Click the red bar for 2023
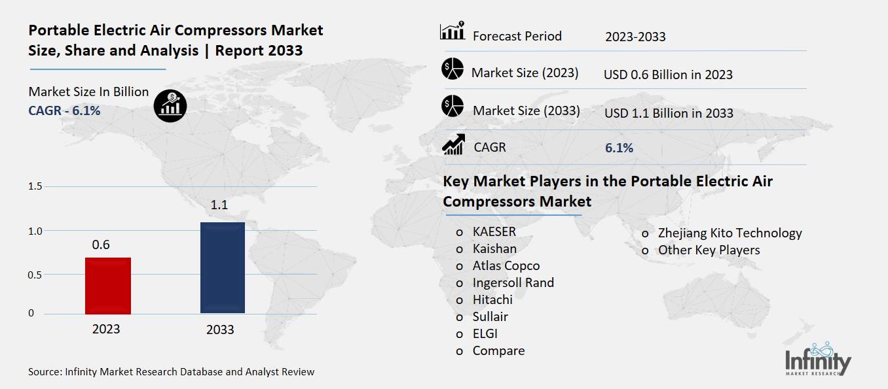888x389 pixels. click(x=108, y=286)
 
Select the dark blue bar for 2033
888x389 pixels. click(x=223, y=267)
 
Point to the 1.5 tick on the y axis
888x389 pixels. click(x=35, y=187)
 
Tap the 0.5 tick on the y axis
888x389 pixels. click(x=35, y=275)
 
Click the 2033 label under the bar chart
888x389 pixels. click(x=220, y=330)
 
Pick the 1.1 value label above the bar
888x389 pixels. click(x=219, y=206)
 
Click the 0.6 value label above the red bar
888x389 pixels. click(x=101, y=245)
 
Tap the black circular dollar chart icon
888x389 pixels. click(x=170, y=106)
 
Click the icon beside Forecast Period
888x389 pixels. click(x=453, y=31)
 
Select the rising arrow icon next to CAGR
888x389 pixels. click(x=453, y=144)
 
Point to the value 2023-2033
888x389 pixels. click(x=635, y=37)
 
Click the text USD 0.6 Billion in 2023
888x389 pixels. click(x=668, y=75)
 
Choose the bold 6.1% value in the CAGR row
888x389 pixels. click(x=619, y=148)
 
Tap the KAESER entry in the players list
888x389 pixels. click(x=494, y=231)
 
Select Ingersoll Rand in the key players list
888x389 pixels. click(x=513, y=282)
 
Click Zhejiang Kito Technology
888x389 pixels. click(x=730, y=233)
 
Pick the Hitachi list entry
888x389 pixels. click(x=492, y=299)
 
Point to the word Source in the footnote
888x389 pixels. click(x=44, y=372)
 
